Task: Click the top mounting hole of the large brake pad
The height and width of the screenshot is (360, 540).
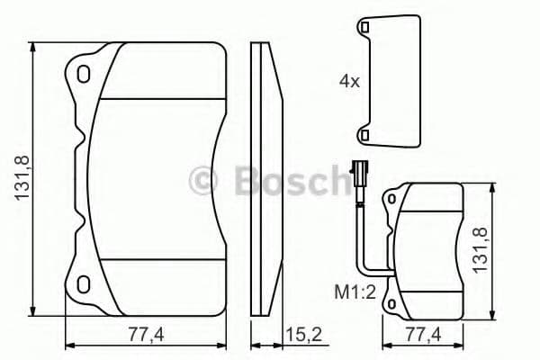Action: [x=84, y=72]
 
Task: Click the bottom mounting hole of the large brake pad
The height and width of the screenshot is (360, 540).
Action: [x=84, y=285]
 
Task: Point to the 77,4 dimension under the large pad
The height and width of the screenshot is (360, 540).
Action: [x=143, y=335]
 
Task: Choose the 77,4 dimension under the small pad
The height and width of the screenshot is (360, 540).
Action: [x=423, y=335]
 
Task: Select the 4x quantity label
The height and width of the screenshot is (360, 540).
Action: [x=348, y=81]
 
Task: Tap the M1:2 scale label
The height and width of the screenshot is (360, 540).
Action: [x=348, y=292]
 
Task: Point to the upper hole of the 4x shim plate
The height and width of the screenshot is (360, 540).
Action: [x=364, y=31]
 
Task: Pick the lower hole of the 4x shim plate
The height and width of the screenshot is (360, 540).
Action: [x=364, y=134]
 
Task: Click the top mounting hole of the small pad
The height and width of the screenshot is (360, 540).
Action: [x=393, y=199]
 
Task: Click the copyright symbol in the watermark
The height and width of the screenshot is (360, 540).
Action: [x=206, y=182]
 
